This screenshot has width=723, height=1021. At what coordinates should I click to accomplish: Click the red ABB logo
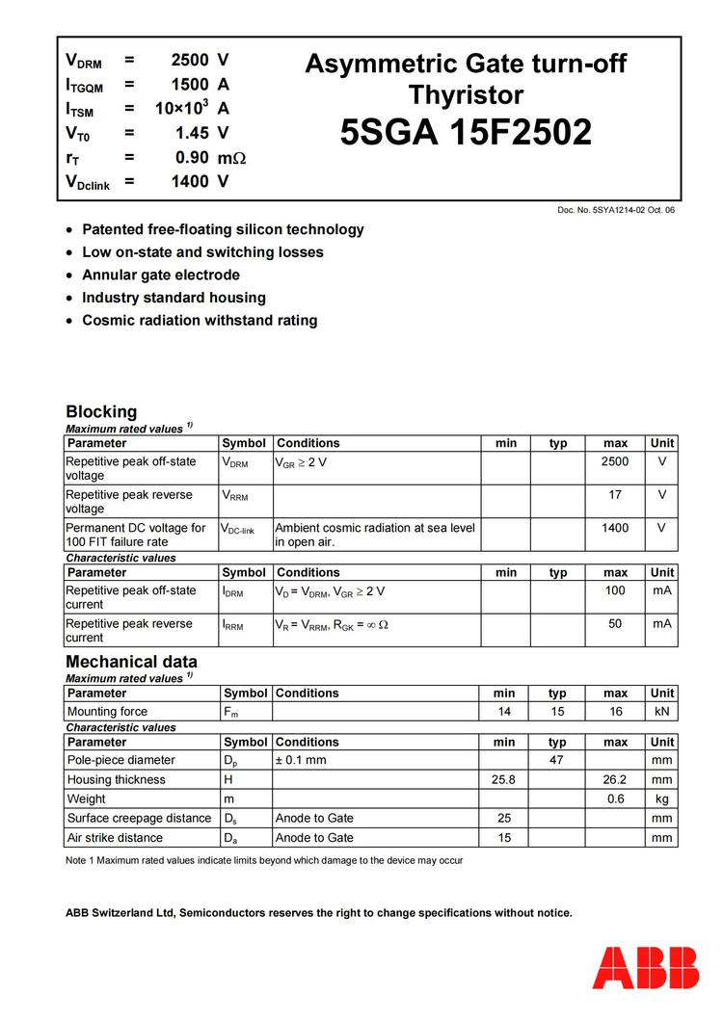point(646,967)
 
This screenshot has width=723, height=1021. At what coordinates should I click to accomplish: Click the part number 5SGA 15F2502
point(466,133)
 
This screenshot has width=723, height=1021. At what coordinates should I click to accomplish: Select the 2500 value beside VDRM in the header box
point(189,61)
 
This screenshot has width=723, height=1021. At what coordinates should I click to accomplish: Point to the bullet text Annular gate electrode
point(161,275)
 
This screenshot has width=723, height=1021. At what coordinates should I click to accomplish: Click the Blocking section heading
point(101,411)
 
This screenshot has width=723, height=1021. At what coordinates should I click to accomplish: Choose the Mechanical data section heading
point(131,662)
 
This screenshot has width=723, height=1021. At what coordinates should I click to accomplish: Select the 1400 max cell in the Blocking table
point(615,528)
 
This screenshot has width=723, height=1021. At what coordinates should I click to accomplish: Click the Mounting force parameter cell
point(107,712)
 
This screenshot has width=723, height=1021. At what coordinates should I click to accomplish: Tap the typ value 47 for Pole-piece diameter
point(557,760)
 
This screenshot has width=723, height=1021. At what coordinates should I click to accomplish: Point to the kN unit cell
point(661,712)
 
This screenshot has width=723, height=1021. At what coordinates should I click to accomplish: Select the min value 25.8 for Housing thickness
point(504,779)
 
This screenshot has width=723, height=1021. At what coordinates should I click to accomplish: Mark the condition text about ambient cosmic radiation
point(375,535)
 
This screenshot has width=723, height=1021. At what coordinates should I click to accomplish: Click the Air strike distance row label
point(115,838)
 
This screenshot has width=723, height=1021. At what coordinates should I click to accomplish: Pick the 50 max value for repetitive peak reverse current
point(615,624)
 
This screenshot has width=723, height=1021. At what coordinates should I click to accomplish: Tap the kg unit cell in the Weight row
point(661,798)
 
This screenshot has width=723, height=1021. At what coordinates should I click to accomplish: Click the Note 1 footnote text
point(263,860)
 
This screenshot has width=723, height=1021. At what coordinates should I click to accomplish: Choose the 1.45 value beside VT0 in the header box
point(192,133)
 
